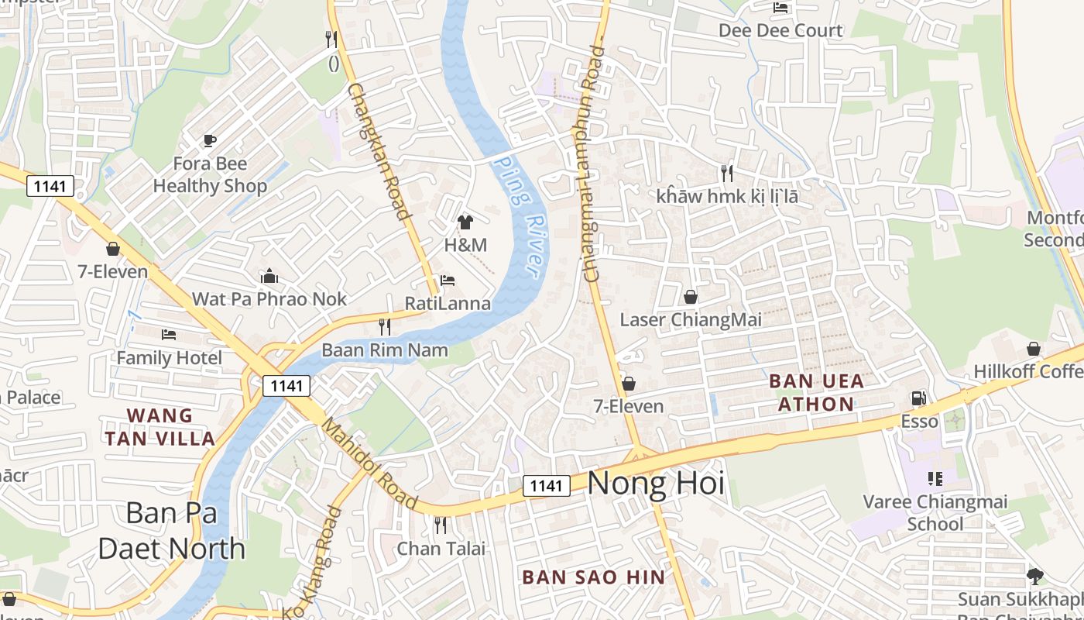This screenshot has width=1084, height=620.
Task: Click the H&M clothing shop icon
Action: tap(465, 222)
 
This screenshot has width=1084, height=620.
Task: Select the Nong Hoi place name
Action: tap(656, 484)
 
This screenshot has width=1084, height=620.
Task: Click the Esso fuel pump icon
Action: tap(918, 398)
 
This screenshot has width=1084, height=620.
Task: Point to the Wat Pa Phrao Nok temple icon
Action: tap(269, 276)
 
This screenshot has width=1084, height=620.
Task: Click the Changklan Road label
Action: tap(379, 151)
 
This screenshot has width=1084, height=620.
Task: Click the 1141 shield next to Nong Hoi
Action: tap(547, 486)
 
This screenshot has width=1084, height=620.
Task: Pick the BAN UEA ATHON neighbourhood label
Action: tap(816, 392)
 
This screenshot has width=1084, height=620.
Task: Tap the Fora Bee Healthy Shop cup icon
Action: tap(209, 140)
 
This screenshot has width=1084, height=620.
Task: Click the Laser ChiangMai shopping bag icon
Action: tap(691, 297)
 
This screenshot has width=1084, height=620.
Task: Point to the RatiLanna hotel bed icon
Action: tap(448, 280)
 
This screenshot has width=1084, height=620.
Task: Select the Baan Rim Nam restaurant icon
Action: tap(384, 327)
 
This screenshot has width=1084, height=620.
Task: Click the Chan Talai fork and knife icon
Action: tap(441, 525)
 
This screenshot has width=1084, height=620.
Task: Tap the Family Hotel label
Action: tap(169, 357)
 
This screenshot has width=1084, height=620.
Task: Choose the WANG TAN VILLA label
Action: tap(160, 427)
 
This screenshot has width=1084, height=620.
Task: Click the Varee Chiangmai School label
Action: tap(935, 512)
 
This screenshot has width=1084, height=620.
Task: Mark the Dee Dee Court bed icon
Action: tap(780, 8)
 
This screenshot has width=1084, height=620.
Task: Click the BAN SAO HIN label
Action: tap(594, 577)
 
